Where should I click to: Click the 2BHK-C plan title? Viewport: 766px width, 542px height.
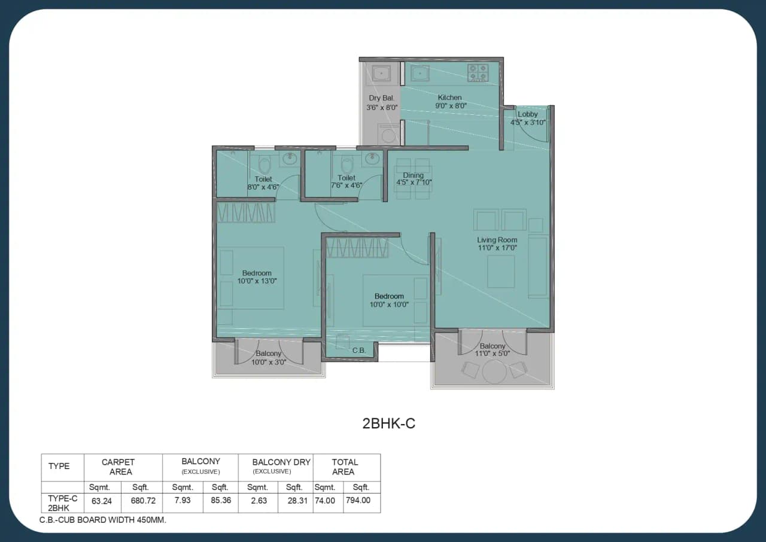[388, 424]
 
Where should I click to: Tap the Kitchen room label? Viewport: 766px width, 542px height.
[449, 98]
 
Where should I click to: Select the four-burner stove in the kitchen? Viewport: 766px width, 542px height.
[480, 73]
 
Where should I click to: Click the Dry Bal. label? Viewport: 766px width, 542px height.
[381, 98]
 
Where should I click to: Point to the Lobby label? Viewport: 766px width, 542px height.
[527, 114]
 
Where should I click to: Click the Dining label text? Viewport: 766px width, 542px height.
[413, 175]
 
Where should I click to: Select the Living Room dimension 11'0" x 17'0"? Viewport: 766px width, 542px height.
[497, 248]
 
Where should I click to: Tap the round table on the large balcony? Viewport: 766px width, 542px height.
[494, 372]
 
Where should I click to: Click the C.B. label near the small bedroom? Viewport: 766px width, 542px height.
[359, 351]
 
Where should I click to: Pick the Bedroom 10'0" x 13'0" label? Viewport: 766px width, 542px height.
[257, 277]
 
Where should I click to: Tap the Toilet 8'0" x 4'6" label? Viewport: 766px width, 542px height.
[263, 183]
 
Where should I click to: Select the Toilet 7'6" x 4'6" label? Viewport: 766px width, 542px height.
[346, 182]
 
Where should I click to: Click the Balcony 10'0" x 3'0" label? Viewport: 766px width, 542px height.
[268, 358]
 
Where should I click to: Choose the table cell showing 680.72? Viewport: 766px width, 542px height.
[142, 500]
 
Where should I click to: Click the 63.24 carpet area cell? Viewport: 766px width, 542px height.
[102, 500]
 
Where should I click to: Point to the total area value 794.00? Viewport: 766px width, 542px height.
[361, 500]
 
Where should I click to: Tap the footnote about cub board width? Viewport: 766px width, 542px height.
[103, 520]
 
